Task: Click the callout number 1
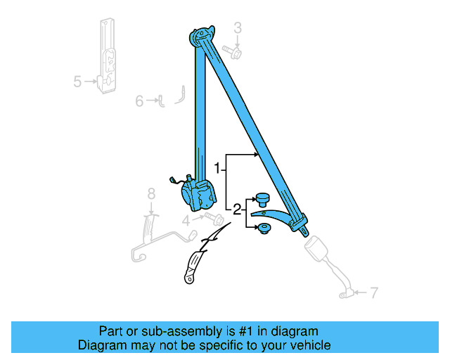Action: click(219, 169)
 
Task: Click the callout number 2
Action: click(237, 209)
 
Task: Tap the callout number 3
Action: click(238, 28)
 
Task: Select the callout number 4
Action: click(187, 220)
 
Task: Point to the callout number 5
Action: click(77, 82)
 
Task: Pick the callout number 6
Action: click(139, 101)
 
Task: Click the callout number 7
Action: click(374, 291)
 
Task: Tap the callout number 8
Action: click(150, 193)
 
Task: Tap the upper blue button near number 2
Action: click(262, 198)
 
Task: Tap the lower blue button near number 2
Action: click(264, 228)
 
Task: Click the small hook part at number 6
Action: click(161, 103)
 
